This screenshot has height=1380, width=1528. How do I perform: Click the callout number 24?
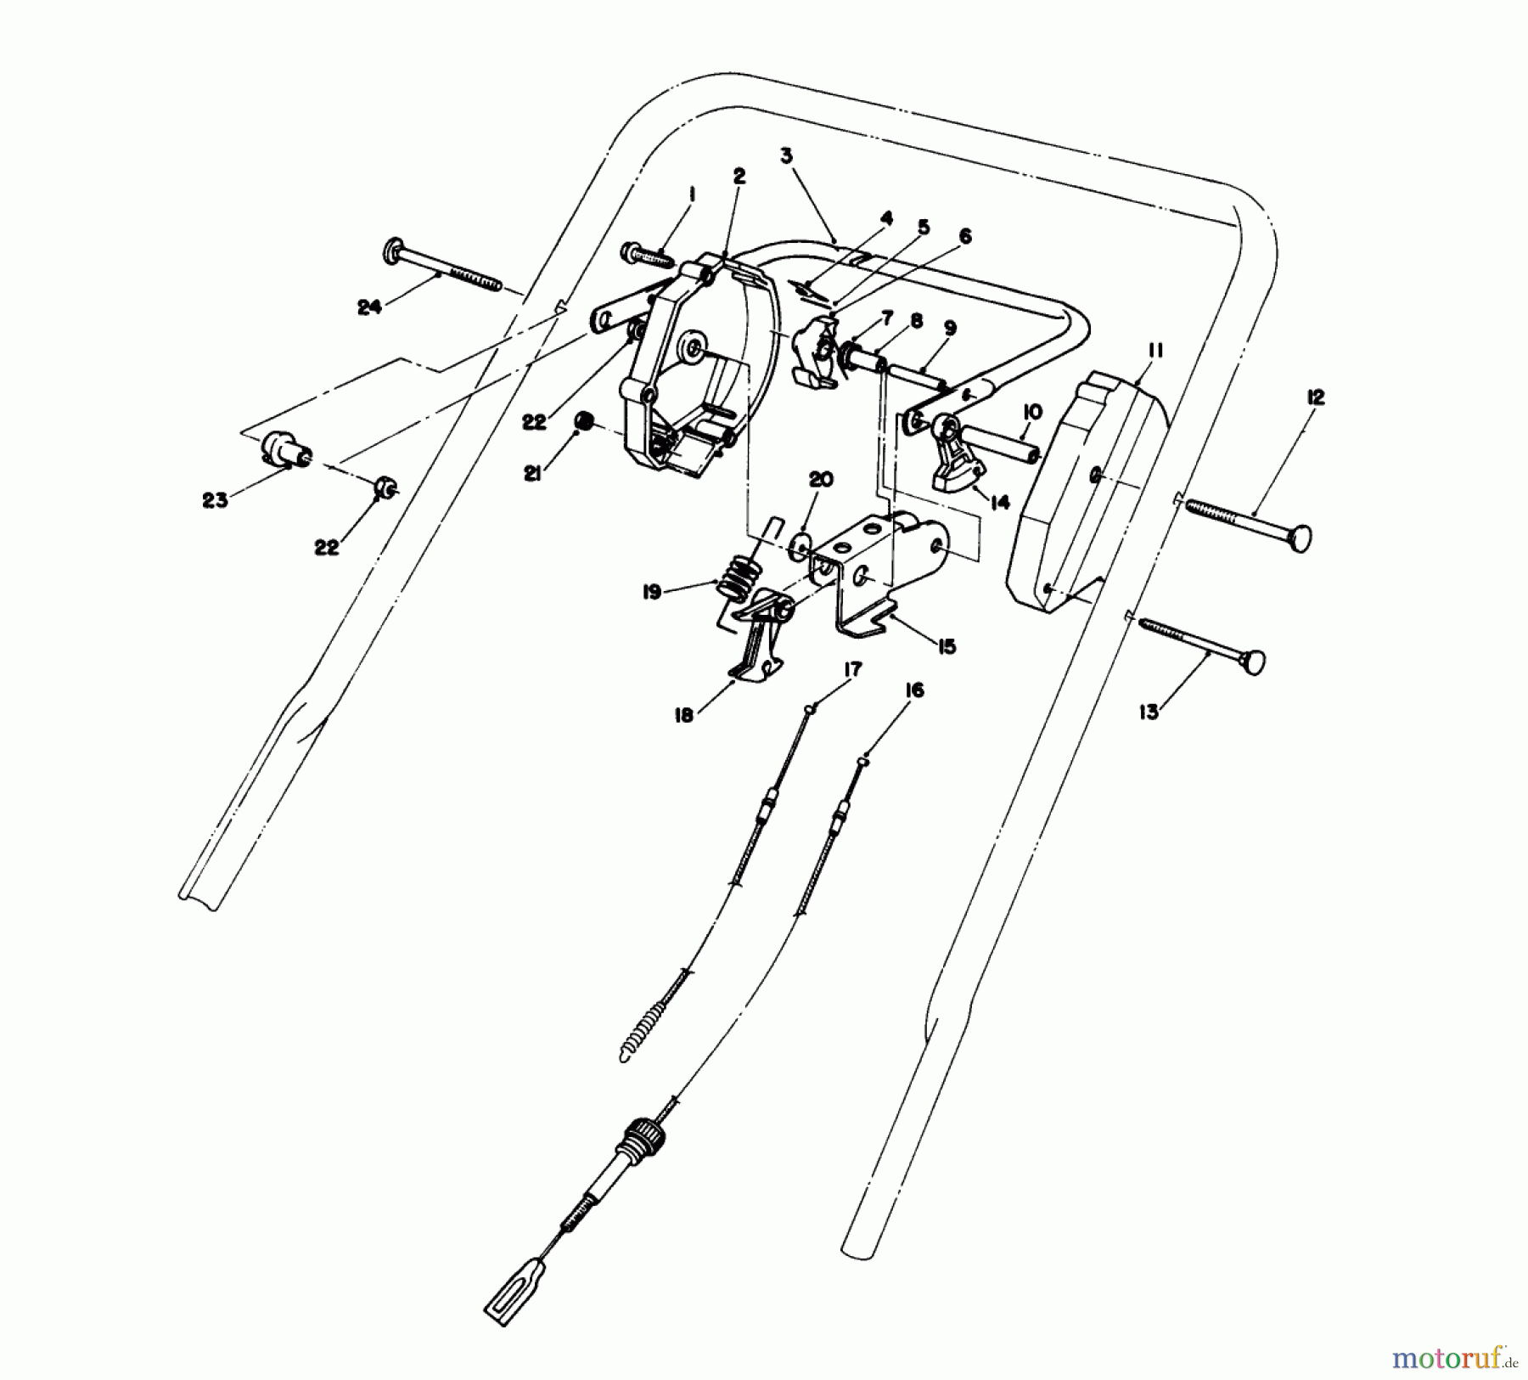point(368,308)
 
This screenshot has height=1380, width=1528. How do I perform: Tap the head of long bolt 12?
point(1299,538)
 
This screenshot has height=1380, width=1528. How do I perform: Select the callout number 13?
point(1149,713)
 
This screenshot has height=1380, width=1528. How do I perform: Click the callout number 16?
point(913,690)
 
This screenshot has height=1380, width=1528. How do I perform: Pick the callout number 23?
point(215,500)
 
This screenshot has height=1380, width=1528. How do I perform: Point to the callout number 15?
point(947,647)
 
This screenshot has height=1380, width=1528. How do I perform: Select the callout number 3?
point(786,156)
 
